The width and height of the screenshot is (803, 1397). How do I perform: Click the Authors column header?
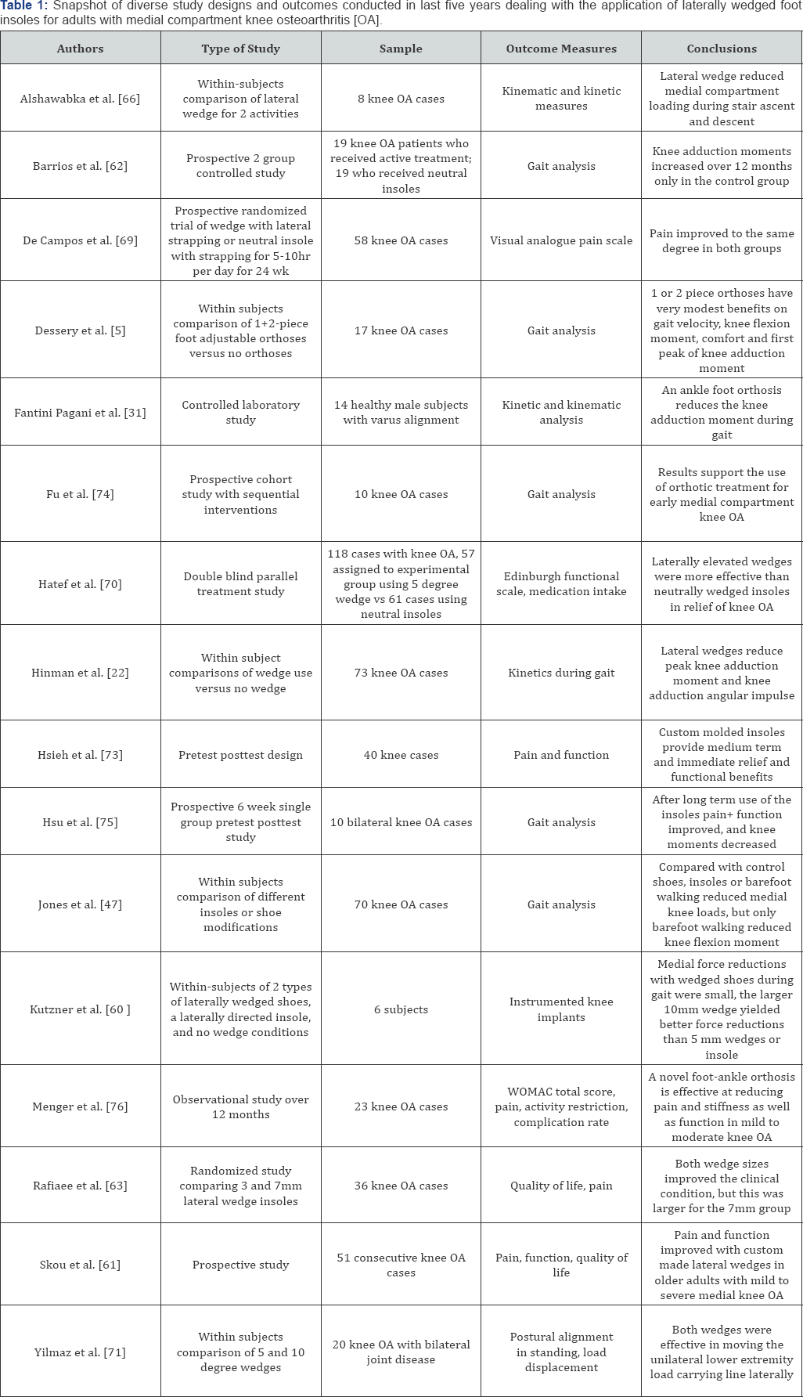tap(80, 49)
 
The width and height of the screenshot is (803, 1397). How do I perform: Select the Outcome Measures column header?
tap(561, 49)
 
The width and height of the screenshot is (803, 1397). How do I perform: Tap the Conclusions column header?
tap(722, 49)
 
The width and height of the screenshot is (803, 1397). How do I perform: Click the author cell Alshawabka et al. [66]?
tap(80, 99)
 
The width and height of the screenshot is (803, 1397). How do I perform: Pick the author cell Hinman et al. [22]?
tap(80, 673)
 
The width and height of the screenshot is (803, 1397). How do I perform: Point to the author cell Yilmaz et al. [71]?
tap(80, 1352)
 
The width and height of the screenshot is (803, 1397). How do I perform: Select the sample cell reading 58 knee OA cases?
tap(401, 240)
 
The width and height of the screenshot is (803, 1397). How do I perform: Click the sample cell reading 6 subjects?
tap(401, 1009)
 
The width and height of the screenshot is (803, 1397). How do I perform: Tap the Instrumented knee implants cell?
tap(561, 1009)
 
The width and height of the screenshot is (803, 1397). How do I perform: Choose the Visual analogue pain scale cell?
tap(561, 240)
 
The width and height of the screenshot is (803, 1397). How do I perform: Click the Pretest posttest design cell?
tap(240, 755)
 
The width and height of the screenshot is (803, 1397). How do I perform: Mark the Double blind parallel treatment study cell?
tap(240, 583)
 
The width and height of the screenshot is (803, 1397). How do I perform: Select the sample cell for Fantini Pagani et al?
tap(401, 413)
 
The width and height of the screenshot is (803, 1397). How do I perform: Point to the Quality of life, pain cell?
tap(561, 1186)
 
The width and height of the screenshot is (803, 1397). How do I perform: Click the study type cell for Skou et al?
tap(240, 1265)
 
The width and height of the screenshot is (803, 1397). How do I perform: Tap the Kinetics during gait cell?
tap(561, 673)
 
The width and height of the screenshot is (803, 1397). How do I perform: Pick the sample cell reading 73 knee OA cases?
tap(401, 673)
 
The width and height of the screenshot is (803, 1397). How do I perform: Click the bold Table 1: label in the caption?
tap(24, 5)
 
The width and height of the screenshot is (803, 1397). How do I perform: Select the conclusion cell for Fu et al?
tap(722, 494)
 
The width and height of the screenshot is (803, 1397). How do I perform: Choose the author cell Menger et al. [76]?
tap(80, 1106)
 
